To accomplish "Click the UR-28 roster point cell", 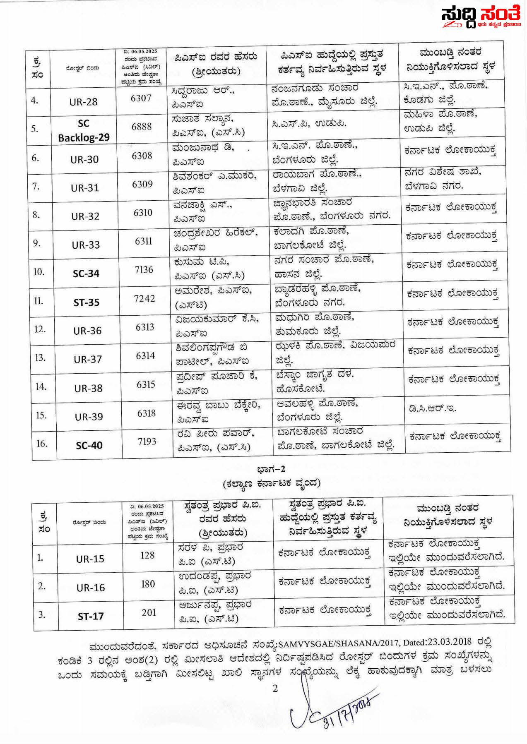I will tap(83, 102).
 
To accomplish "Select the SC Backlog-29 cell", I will tap(84, 130).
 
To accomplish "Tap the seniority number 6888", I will tap(142, 127).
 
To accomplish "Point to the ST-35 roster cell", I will tap(87, 302).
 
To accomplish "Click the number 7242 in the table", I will tap(144, 298).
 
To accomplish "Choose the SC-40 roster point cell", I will tap(89, 445).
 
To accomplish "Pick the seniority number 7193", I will tap(147, 442).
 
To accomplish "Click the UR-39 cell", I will tap(89, 417).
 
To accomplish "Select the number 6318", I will tap(146, 413).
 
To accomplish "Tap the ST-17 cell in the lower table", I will tap(91, 616).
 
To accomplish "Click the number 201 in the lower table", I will tap(149, 612).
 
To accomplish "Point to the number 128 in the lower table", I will tap(147, 555).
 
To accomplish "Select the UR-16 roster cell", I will tap(90, 588).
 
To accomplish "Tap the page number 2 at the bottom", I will tap(275, 689).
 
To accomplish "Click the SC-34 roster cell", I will tap(86, 274).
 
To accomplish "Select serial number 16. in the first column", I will tap(42, 444).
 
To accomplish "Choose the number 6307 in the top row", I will tap(141, 98).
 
